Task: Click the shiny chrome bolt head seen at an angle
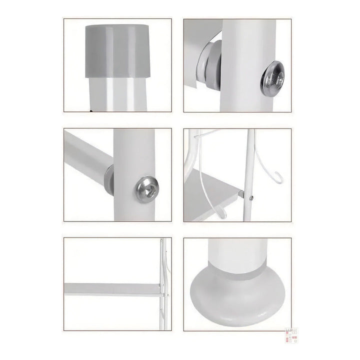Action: pyautogui.click(x=272, y=78)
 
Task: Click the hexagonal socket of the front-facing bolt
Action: pyautogui.click(x=147, y=188)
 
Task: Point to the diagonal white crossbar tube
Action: pyautogui.click(x=85, y=155)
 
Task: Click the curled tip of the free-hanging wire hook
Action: pyautogui.click(x=278, y=177)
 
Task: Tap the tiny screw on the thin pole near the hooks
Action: pyautogui.click(x=251, y=198)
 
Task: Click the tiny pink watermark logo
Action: pyautogui.click(x=291, y=335)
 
